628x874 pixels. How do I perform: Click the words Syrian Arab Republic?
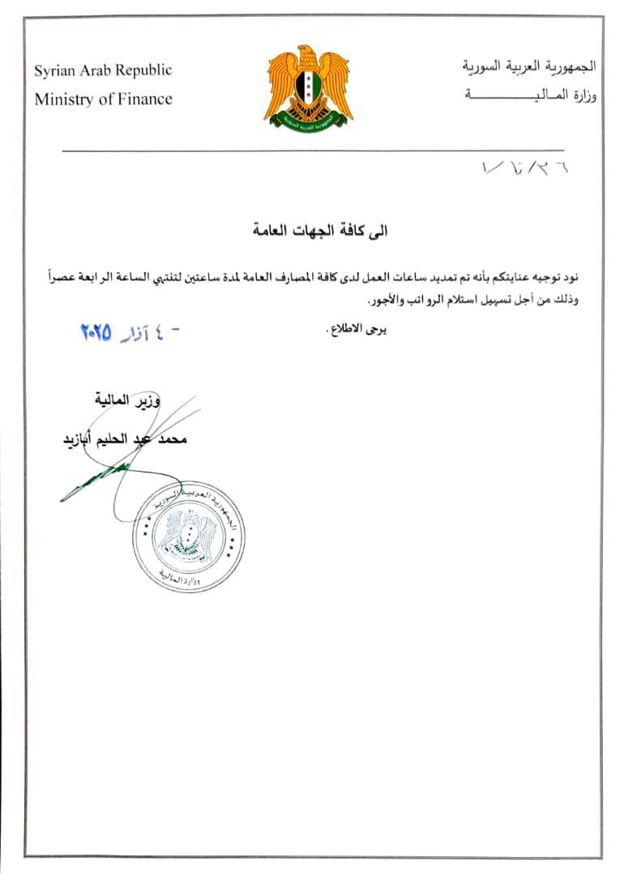tap(103, 70)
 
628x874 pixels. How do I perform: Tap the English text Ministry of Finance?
tap(103, 100)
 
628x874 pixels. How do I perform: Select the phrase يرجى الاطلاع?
tap(356, 329)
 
